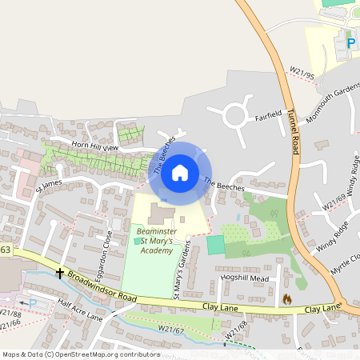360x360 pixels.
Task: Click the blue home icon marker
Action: (180, 173)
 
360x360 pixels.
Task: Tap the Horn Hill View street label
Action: (94, 147)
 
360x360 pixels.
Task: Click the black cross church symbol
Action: (60, 272)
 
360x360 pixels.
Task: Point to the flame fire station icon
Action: (286, 298)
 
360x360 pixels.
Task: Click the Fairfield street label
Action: (269, 114)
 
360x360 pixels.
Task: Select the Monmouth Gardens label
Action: (328, 101)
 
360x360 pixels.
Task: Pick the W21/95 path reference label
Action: (302, 74)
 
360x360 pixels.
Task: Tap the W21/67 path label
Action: (171, 329)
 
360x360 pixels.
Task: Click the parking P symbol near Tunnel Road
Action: (350, 42)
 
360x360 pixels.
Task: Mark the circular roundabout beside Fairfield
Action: (235, 115)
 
